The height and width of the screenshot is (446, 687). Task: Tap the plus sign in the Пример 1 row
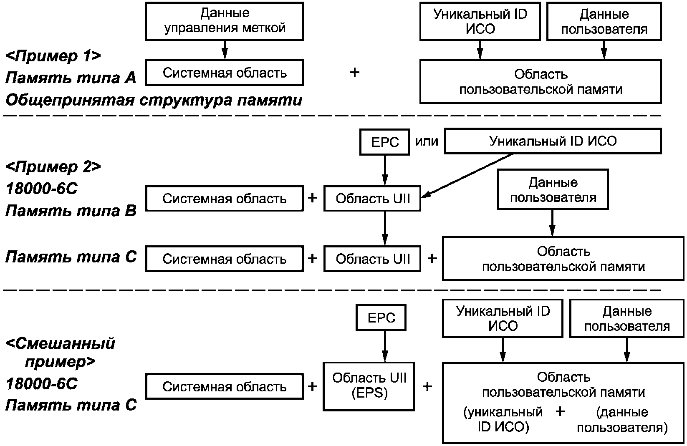pos(354,73)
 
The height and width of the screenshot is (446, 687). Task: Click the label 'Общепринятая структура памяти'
pos(154,100)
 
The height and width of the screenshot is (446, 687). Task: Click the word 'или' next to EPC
pos(427,141)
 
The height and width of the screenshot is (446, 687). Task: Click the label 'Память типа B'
pos(71,211)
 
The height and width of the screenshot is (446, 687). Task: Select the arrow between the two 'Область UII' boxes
pos(385,228)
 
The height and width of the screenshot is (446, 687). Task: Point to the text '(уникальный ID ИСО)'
pos(503,419)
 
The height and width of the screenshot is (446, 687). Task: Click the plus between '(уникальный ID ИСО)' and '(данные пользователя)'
pos(560,411)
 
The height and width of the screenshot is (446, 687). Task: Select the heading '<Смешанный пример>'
pos(60,353)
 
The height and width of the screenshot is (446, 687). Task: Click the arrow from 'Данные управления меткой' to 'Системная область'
pos(225,50)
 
